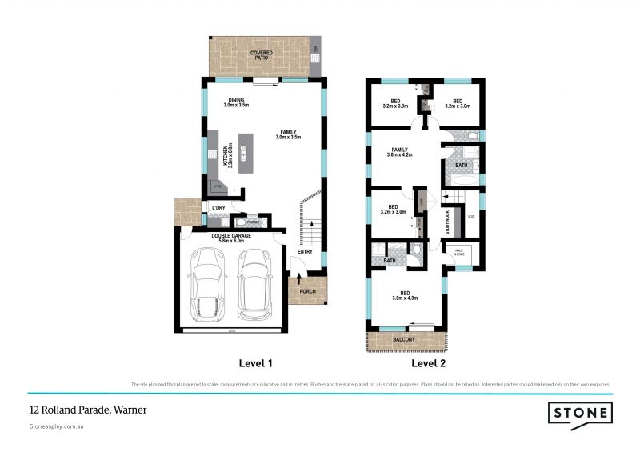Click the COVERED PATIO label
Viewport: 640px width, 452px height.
[x=260, y=55]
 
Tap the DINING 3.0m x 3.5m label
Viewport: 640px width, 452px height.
[x=237, y=102]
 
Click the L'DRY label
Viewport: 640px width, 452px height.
[x=218, y=209]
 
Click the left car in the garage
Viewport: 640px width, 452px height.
[x=210, y=284]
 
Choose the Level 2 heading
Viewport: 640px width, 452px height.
[x=429, y=363]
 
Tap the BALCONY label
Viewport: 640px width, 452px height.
[x=404, y=339]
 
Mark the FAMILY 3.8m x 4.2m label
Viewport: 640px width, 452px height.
[x=399, y=152]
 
